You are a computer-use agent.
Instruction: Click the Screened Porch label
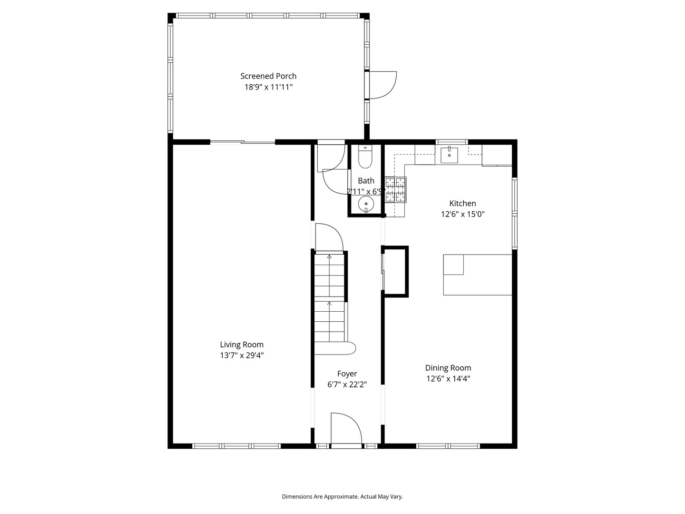pyautogui.click(x=268, y=76)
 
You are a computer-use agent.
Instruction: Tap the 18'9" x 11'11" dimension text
pyautogui.click(x=268, y=87)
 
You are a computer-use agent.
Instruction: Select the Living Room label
pyautogui.click(x=242, y=345)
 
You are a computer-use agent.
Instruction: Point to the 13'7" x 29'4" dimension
pyautogui.click(x=242, y=356)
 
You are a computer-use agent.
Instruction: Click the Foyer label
pyautogui.click(x=347, y=374)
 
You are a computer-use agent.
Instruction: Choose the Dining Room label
pyautogui.click(x=448, y=368)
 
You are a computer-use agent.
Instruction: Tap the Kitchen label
pyautogui.click(x=462, y=203)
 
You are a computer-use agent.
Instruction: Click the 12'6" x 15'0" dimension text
pyautogui.click(x=462, y=214)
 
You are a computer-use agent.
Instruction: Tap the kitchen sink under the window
pyautogui.click(x=449, y=155)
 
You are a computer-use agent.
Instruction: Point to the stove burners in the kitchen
pyautogui.click(x=396, y=189)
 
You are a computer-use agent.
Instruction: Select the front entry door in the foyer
pyautogui.click(x=346, y=430)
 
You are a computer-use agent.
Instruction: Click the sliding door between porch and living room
pyautogui.click(x=243, y=142)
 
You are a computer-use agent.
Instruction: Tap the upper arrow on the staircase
pyautogui.click(x=329, y=257)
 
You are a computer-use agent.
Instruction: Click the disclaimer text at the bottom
pyautogui.click(x=342, y=497)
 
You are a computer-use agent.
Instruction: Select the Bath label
pyautogui.click(x=366, y=181)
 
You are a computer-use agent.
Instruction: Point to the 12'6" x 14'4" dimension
pyautogui.click(x=448, y=379)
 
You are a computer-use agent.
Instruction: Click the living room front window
pyautogui.click(x=236, y=446)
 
